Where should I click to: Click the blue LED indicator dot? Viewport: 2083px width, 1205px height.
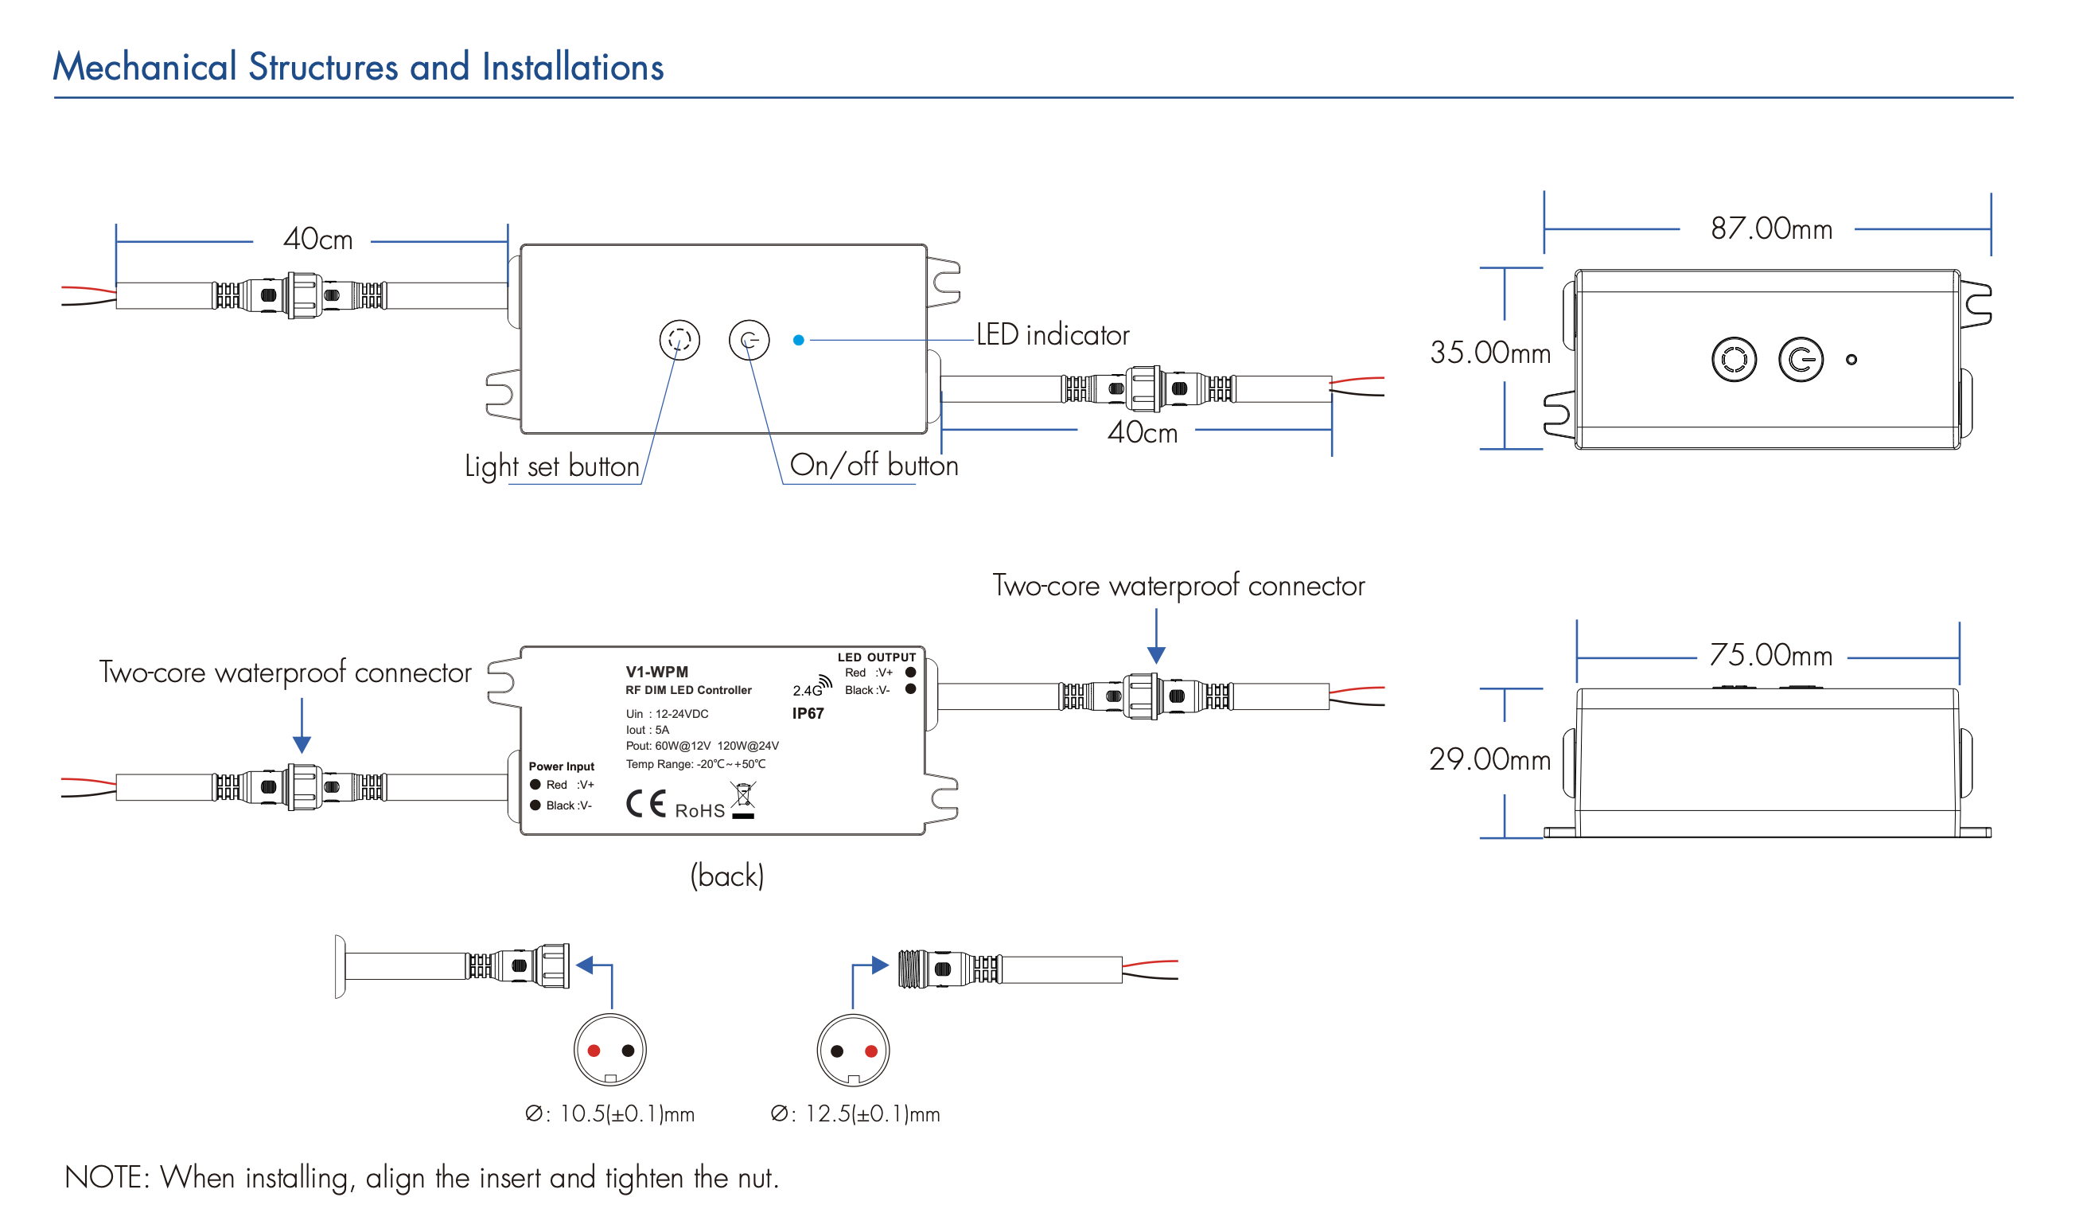tap(799, 340)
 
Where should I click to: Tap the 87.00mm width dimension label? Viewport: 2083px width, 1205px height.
tap(1770, 229)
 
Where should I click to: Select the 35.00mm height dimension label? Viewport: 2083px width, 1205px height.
tap(1489, 353)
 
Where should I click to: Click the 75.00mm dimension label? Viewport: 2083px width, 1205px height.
tap(1770, 655)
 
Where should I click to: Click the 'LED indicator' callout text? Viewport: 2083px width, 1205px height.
tap(1053, 335)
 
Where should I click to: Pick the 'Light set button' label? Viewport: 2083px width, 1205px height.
tap(552, 466)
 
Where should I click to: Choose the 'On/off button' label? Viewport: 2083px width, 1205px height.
tap(874, 466)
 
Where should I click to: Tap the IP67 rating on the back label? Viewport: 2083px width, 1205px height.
tap(808, 714)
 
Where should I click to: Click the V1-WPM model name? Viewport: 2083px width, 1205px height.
tap(656, 672)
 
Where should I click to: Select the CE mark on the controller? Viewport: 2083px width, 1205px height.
tap(645, 804)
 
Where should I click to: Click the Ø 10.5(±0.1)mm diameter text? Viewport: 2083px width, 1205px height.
tap(610, 1114)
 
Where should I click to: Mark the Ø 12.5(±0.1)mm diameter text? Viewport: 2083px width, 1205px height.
tap(855, 1114)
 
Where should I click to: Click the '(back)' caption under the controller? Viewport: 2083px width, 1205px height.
tap(726, 875)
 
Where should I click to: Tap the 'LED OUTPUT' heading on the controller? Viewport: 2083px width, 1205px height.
tap(876, 657)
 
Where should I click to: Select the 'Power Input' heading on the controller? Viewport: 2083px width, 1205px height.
tap(561, 766)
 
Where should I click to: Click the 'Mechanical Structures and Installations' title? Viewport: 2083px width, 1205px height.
tap(358, 67)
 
